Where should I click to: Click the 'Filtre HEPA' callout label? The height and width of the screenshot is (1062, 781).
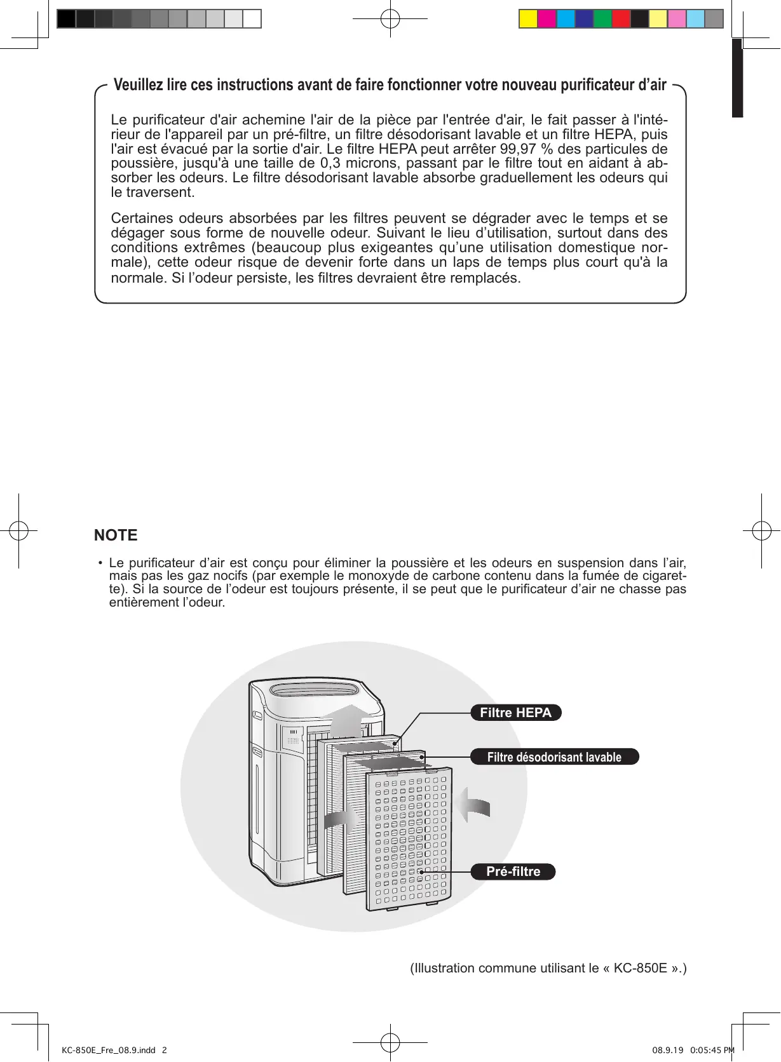click(x=515, y=713)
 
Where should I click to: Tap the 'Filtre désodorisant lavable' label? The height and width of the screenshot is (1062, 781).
click(x=554, y=757)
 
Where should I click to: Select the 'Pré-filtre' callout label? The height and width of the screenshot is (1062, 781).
click(x=513, y=871)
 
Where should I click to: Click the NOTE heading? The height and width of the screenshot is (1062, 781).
click(x=116, y=535)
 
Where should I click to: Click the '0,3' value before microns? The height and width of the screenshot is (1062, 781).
click(x=330, y=163)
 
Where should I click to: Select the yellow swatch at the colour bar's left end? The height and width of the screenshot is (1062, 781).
click(x=528, y=19)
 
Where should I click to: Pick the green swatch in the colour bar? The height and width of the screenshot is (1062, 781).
click(x=602, y=19)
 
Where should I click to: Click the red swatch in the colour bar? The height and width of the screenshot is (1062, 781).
click(x=621, y=19)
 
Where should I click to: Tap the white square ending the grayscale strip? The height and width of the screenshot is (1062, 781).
click(x=252, y=19)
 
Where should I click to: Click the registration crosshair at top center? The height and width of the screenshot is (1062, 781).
click(x=390, y=19)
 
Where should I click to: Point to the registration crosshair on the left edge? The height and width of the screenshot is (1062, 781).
click(x=18, y=530)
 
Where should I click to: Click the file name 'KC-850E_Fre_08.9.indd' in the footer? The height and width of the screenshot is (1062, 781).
click(x=109, y=1050)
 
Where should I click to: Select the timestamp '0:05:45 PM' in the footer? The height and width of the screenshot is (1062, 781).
click(x=712, y=1050)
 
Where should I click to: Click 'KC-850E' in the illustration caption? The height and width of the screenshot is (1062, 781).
click(x=640, y=968)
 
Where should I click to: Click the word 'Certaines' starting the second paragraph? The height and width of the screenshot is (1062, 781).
click(x=141, y=218)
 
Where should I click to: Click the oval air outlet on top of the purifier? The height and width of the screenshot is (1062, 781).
click(x=314, y=690)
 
